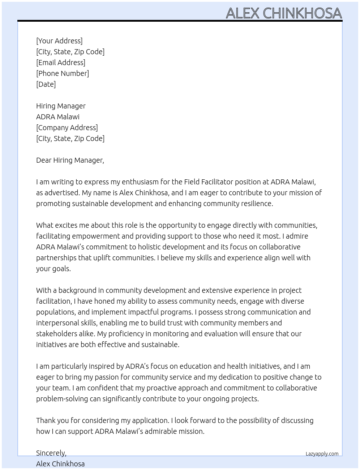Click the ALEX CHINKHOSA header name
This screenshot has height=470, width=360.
pos(284,13)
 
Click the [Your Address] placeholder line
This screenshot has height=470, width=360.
pos(59,41)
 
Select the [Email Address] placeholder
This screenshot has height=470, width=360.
pos(61,63)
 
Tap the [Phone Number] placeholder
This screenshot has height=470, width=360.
pos(63,73)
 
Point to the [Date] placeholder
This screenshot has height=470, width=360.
pos(46,84)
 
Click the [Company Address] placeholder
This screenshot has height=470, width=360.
pos(67,128)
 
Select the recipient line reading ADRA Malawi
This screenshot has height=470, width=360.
pos(58,117)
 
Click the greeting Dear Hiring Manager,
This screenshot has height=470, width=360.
pos(70,160)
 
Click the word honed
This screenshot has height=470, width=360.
pos(105,301)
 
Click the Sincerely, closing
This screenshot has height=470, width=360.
pos(51,453)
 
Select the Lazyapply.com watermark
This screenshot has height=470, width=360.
pos(322,454)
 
